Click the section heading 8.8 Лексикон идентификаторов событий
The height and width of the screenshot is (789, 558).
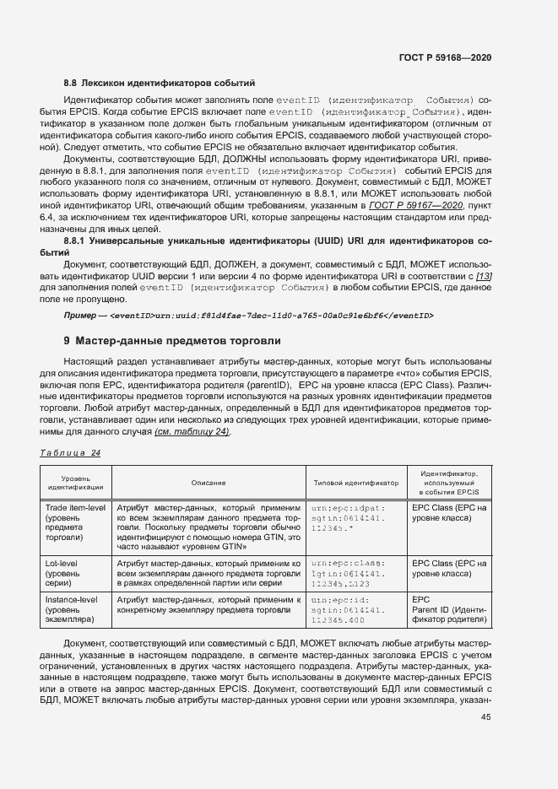pyautogui.click(x=160, y=83)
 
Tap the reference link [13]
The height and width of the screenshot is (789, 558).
pyautogui.click(x=483, y=276)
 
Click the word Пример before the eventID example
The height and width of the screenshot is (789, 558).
pyautogui.click(x=81, y=315)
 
